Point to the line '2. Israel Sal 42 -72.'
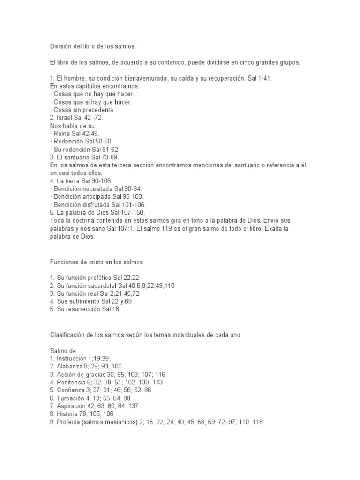pyautogui.click(x=79, y=118)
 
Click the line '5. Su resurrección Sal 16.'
pyautogui.click(x=88, y=309)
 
